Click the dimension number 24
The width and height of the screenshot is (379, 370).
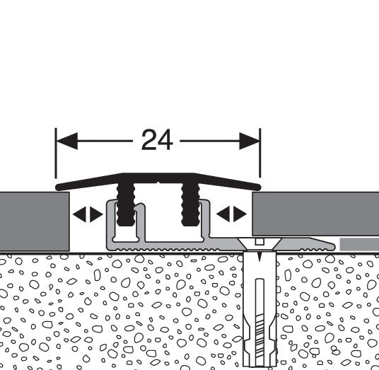pyautogui.click(x=157, y=140)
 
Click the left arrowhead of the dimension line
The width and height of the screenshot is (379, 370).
pyautogui.click(x=67, y=141)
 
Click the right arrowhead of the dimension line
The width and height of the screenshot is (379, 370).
pyautogui.click(x=250, y=141)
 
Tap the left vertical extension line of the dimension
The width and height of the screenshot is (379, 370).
pyautogui.click(x=56, y=153)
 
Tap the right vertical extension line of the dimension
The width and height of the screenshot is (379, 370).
pyautogui.click(x=260, y=153)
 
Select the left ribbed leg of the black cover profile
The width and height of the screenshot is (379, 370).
pyautogui.click(x=126, y=204)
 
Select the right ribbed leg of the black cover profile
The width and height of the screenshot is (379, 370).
pyautogui.click(x=190, y=204)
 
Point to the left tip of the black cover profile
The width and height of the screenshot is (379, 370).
pyautogui.click(x=57, y=187)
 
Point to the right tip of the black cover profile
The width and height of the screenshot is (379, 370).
pyautogui.click(x=260, y=187)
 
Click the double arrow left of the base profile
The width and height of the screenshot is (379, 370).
pyautogui.click(x=88, y=214)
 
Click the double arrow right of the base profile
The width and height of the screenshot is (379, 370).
pyautogui.click(x=231, y=214)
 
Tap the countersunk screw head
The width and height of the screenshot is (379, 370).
pyautogui.click(x=260, y=244)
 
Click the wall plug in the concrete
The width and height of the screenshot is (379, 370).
pyautogui.click(x=260, y=310)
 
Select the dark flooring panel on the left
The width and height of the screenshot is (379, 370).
pyautogui.click(x=35, y=221)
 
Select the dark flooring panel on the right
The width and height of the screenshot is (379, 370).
pyautogui.click(x=315, y=214)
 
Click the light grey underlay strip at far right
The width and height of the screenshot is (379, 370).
pyautogui.click(x=359, y=245)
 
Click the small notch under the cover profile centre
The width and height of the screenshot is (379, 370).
pyautogui.click(x=158, y=183)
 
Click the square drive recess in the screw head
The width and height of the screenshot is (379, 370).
pyautogui.click(x=260, y=241)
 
